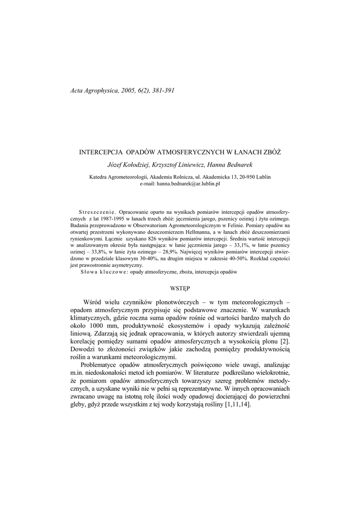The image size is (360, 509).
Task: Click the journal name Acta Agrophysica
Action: pos(93,90)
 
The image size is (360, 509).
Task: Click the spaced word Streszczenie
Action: pos(96,212)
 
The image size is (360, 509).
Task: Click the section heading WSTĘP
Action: pos(180,288)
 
